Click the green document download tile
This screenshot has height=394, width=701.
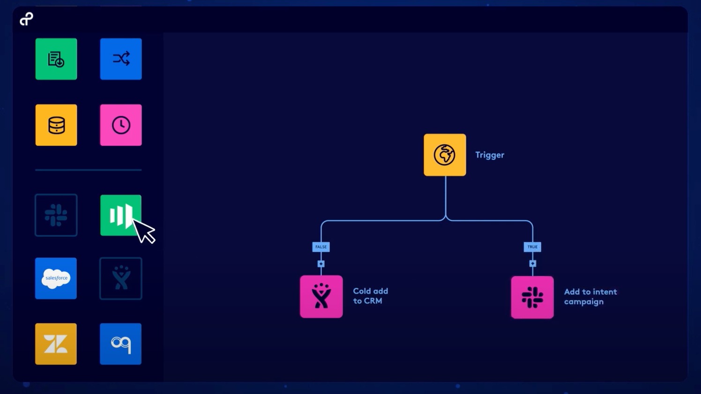[x=56, y=59]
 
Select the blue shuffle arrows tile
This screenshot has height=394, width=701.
[x=121, y=59]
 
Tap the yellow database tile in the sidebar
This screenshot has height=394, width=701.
[x=56, y=125]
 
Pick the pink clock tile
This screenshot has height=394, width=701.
[x=121, y=125]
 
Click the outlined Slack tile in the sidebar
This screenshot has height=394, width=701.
[x=56, y=215]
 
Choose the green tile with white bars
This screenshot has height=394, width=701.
[x=121, y=215]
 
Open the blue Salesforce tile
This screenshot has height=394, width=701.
[x=56, y=278]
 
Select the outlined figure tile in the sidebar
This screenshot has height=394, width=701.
[x=121, y=278]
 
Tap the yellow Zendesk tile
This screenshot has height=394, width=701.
[x=56, y=344]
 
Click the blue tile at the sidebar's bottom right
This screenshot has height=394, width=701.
[x=120, y=344]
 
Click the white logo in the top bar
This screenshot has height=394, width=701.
[x=26, y=19]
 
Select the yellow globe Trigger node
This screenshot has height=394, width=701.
[x=445, y=155]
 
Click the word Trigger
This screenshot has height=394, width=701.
[x=490, y=155]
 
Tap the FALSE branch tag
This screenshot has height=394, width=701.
[x=321, y=247]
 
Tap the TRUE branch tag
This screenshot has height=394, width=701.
[x=532, y=247]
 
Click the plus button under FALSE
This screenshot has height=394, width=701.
[x=321, y=264]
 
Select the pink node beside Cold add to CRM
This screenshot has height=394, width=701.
[x=321, y=297]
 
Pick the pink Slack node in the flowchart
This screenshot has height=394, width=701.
[x=532, y=297]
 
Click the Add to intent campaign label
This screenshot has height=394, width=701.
[x=590, y=297]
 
